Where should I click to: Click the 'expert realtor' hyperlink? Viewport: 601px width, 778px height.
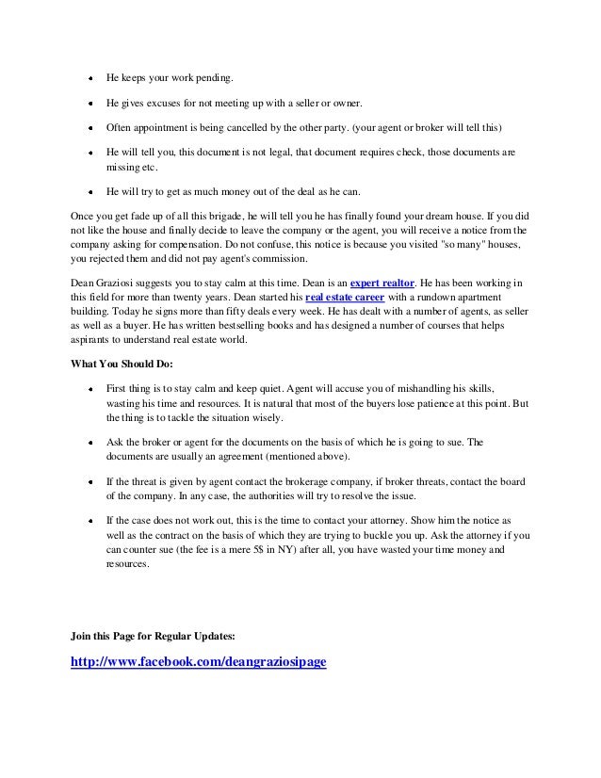click(x=382, y=282)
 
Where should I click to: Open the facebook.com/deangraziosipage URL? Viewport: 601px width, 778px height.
click(x=199, y=662)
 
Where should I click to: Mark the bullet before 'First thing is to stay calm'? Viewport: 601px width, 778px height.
click(x=89, y=388)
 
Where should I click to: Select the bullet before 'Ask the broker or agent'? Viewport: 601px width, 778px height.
click(x=89, y=441)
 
